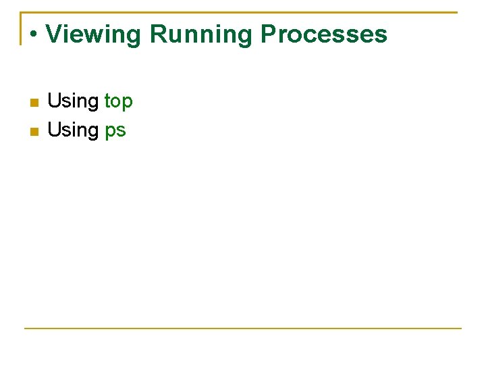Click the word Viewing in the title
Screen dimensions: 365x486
[93, 34]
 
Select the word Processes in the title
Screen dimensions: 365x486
[323, 34]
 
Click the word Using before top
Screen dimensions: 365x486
[73, 101]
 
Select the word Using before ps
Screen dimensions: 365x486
[73, 130]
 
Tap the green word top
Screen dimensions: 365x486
[119, 101]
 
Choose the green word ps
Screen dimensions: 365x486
[115, 130]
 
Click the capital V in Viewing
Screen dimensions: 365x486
[53, 34]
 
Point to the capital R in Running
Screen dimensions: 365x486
[157, 34]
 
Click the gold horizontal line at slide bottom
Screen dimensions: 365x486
[243, 328]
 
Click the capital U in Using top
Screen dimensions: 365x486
[54, 101]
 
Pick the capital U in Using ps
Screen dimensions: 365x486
[54, 130]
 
